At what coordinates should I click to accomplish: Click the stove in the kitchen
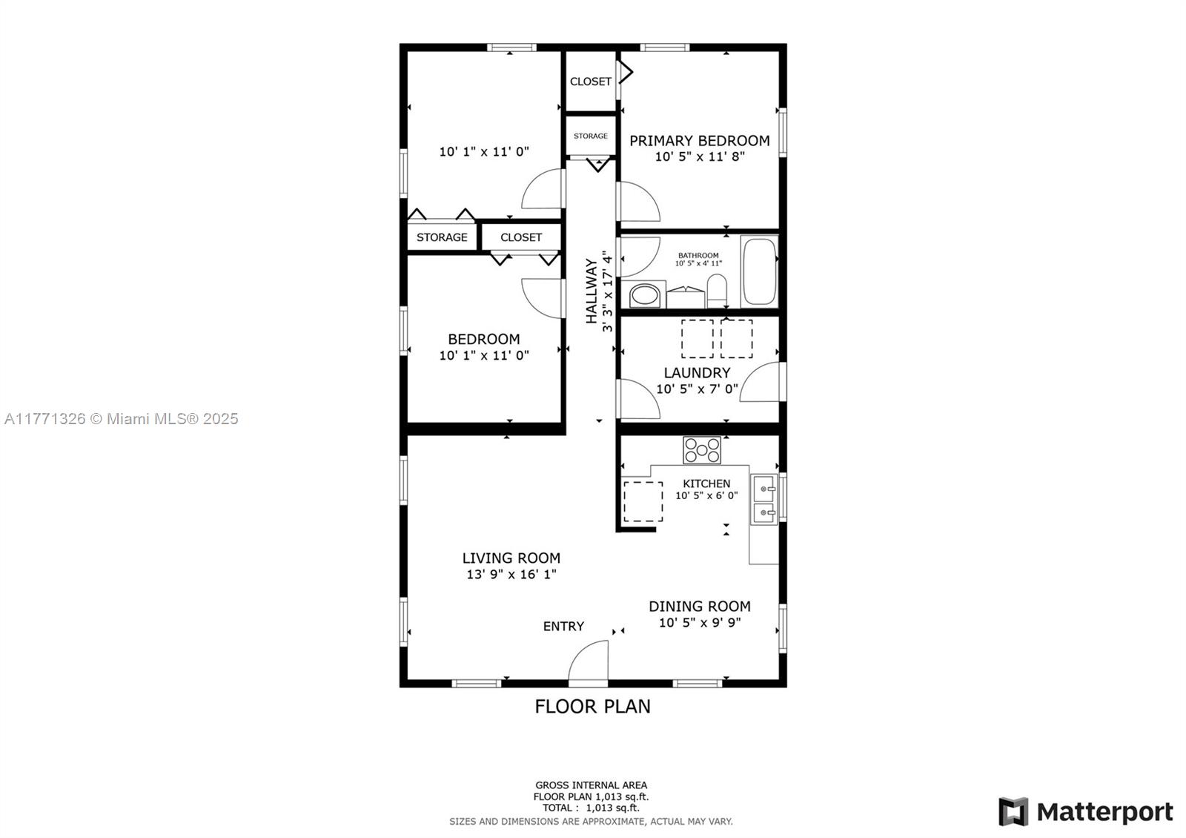pyautogui.click(x=701, y=449)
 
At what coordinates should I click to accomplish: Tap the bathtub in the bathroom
pyautogui.click(x=759, y=271)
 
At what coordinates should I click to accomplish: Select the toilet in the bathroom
pyautogui.click(x=717, y=290)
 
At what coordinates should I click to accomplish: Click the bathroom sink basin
pyautogui.click(x=644, y=295)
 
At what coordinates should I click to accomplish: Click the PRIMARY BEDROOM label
pyautogui.click(x=700, y=141)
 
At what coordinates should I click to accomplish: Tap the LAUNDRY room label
pyautogui.click(x=698, y=373)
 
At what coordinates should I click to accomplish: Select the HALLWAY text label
pyautogui.click(x=592, y=291)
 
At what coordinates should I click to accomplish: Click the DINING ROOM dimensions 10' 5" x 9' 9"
pyautogui.click(x=700, y=622)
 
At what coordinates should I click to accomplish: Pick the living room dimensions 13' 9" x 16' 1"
pyautogui.click(x=511, y=574)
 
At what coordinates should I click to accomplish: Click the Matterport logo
pyautogui.click(x=1086, y=812)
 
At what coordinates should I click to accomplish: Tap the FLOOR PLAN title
pyautogui.click(x=592, y=707)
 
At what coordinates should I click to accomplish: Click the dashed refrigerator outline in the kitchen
pyautogui.click(x=643, y=501)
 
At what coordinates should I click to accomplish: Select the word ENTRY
pyautogui.click(x=563, y=627)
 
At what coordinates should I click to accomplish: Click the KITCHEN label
pyautogui.click(x=706, y=484)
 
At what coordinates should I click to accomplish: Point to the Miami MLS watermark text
pyautogui.click(x=122, y=419)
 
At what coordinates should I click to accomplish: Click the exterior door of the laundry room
pyautogui.click(x=760, y=382)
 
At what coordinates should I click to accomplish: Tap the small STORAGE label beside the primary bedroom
pyautogui.click(x=590, y=136)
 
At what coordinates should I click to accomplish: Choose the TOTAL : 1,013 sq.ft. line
pyautogui.click(x=591, y=808)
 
